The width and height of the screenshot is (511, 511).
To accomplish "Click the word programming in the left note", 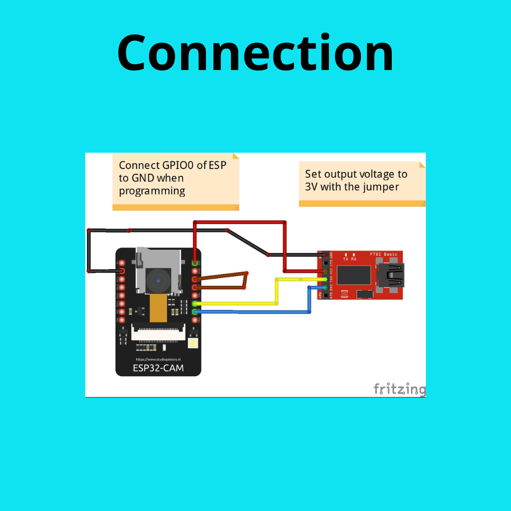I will point(151,191).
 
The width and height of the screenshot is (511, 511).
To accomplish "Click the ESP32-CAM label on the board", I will point(158,368).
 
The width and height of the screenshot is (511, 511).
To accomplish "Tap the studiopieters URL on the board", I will point(158,360).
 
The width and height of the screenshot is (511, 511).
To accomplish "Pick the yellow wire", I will point(237,303).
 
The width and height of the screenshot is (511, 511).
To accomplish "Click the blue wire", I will point(255,312).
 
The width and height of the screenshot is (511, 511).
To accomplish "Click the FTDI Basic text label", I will point(384,255).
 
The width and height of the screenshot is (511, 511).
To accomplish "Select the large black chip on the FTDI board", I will point(353,275).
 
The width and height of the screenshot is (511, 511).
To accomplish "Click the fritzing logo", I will point(399,389).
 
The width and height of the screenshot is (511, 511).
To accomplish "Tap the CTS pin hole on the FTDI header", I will point(326,263).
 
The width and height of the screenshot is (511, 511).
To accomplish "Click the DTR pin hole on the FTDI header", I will point(326,295).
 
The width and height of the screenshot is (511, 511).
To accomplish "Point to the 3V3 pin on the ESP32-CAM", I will point(195,263).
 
